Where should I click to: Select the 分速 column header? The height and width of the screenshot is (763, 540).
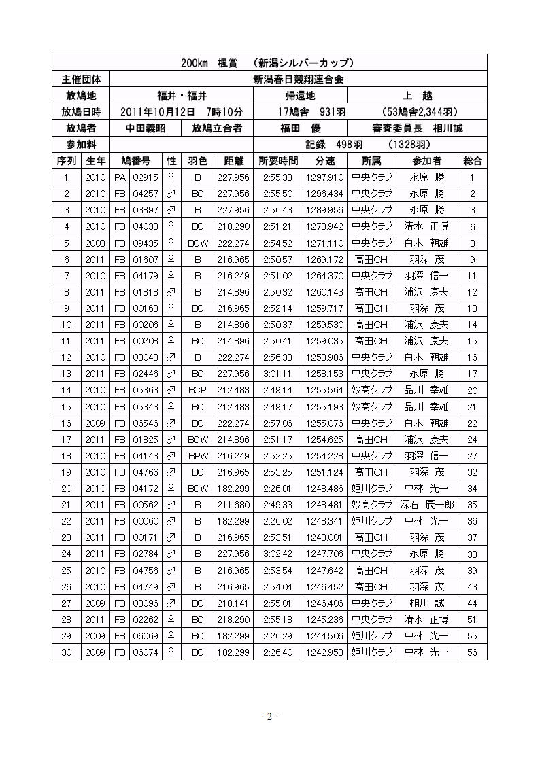[324, 161]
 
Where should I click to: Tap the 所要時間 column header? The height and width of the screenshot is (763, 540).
[278, 161]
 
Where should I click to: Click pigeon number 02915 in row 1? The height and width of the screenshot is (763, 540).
[146, 177]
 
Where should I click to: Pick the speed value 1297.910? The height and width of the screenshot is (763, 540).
[324, 177]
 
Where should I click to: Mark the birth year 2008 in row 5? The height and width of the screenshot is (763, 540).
[95, 243]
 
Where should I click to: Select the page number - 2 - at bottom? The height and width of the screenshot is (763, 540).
[270, 717]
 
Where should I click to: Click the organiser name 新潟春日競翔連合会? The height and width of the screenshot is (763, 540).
[298, 79]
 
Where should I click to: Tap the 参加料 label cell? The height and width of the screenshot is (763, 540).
[80, 145]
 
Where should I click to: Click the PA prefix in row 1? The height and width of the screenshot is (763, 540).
[120, 177]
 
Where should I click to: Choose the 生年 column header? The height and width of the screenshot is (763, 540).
[95, 161]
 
